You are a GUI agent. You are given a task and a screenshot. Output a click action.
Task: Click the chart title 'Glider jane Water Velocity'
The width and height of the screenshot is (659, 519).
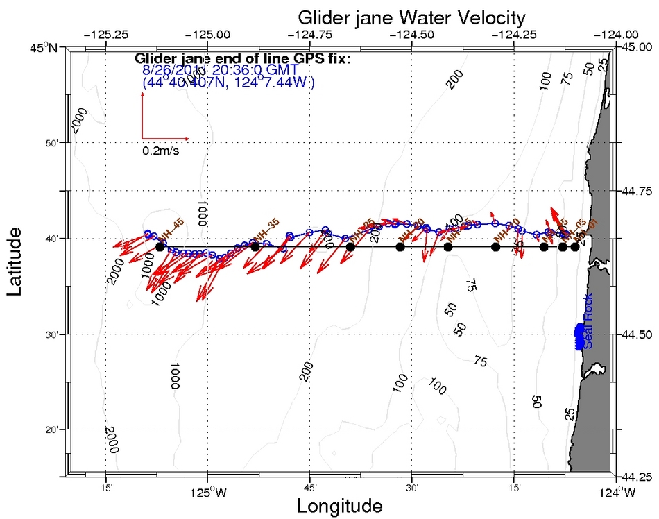click(x=411, y=17)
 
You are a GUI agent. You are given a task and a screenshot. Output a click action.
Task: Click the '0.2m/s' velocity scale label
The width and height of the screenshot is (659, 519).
click(x=161, y=151)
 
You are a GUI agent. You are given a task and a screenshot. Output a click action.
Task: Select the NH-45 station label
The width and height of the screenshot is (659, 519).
click(x=170, y=228)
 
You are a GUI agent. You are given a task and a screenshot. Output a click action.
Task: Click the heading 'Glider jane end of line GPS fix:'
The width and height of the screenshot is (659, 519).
click(x=243, y=58)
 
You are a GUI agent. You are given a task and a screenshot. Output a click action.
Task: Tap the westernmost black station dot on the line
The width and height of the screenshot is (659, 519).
click(x=160, y=247)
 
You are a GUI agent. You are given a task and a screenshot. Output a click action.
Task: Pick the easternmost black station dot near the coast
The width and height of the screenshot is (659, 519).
click(x=575, y=247)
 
